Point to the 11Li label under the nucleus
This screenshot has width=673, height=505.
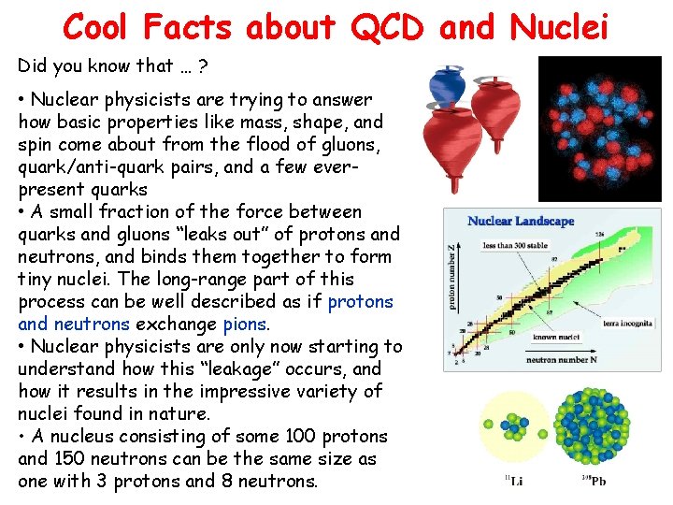pos(514,482)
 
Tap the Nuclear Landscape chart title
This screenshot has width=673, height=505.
pos(521,222)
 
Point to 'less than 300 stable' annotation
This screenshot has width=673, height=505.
pos(513,245)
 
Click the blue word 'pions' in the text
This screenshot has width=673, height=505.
pos(245,325)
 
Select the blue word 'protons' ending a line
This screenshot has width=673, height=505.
pos(361,302)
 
